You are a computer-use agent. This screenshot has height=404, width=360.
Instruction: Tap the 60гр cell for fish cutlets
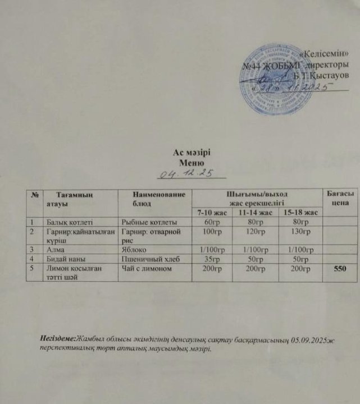point(209,222)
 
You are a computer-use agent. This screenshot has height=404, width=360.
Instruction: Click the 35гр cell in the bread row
point(209,258)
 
